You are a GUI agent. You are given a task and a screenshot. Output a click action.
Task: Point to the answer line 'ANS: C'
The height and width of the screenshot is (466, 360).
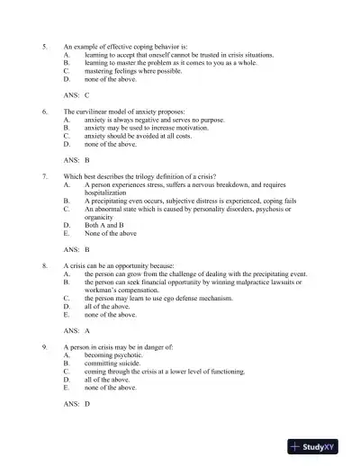76,94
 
